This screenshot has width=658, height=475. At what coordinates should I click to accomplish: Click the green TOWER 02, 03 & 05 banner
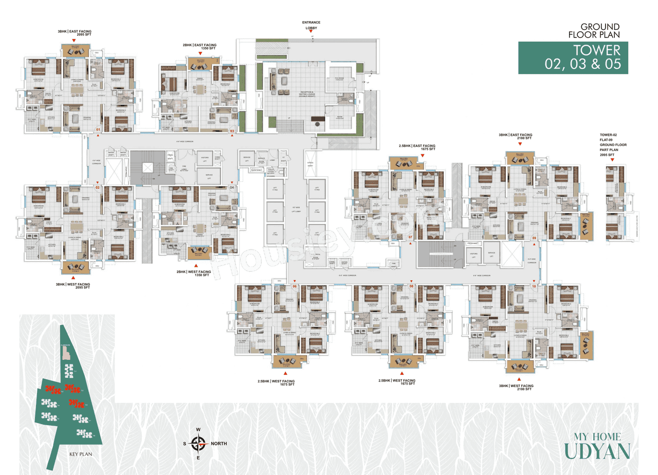(573, 57)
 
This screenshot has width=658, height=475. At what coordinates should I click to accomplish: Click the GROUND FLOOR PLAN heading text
(600, 30)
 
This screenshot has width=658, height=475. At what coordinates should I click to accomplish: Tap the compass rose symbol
(198, 443)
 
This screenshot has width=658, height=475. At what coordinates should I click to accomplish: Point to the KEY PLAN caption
(80, 454)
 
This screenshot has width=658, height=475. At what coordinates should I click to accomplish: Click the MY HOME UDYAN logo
(597, 446)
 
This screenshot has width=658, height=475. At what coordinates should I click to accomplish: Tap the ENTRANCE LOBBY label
(312, 25)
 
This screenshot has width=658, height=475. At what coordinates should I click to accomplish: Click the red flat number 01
(98, 129)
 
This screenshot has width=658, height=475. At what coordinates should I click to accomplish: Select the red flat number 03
(232, 131)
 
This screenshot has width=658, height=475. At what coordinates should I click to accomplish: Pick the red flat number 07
(410, 237)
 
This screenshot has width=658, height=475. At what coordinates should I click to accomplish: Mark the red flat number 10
(534, 286)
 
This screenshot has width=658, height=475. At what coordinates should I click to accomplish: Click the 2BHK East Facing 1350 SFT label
(199, 47)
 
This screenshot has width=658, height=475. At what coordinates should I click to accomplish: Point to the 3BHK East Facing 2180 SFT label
(516, 137)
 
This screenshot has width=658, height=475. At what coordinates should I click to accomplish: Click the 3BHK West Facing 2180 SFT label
(517, 388)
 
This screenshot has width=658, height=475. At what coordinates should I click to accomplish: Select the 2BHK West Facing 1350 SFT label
(193, 273)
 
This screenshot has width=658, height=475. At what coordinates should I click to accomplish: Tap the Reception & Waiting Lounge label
(293, 95)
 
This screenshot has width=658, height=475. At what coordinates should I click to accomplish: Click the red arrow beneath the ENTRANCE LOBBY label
(312, 32)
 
